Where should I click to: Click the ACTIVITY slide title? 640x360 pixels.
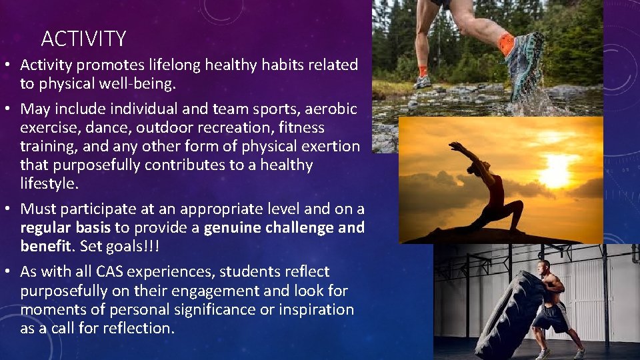click(x=83, y=39)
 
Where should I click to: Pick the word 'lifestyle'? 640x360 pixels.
click(x=47, y=183)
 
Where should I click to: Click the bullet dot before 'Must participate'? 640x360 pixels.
click(x=11, y=209)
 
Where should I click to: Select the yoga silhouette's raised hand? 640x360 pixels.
click(x=454, y=146)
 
